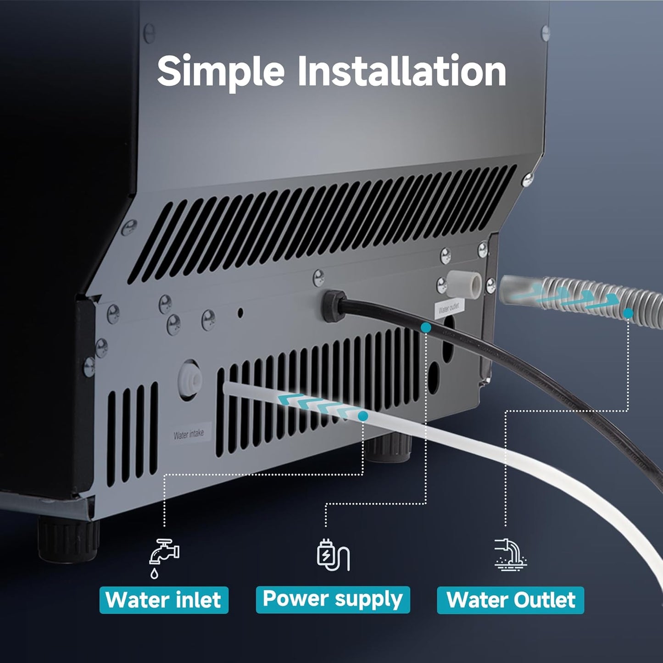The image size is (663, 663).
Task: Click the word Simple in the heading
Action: [x=221, y=72]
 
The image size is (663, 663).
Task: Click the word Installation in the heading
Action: [x=402, y=72]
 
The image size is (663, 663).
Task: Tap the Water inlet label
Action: [x=164, y=600]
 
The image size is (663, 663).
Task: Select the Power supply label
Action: [x=333, y=599]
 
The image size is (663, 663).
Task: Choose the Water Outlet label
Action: [x=510, y=600]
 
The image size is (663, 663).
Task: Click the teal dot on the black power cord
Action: [x=426, y=328]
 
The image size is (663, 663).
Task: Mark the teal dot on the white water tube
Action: [x=362, y=416]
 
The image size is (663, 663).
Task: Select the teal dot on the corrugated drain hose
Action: [x=629, y=313]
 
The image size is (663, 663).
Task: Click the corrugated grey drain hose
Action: [x=596, y=298]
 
